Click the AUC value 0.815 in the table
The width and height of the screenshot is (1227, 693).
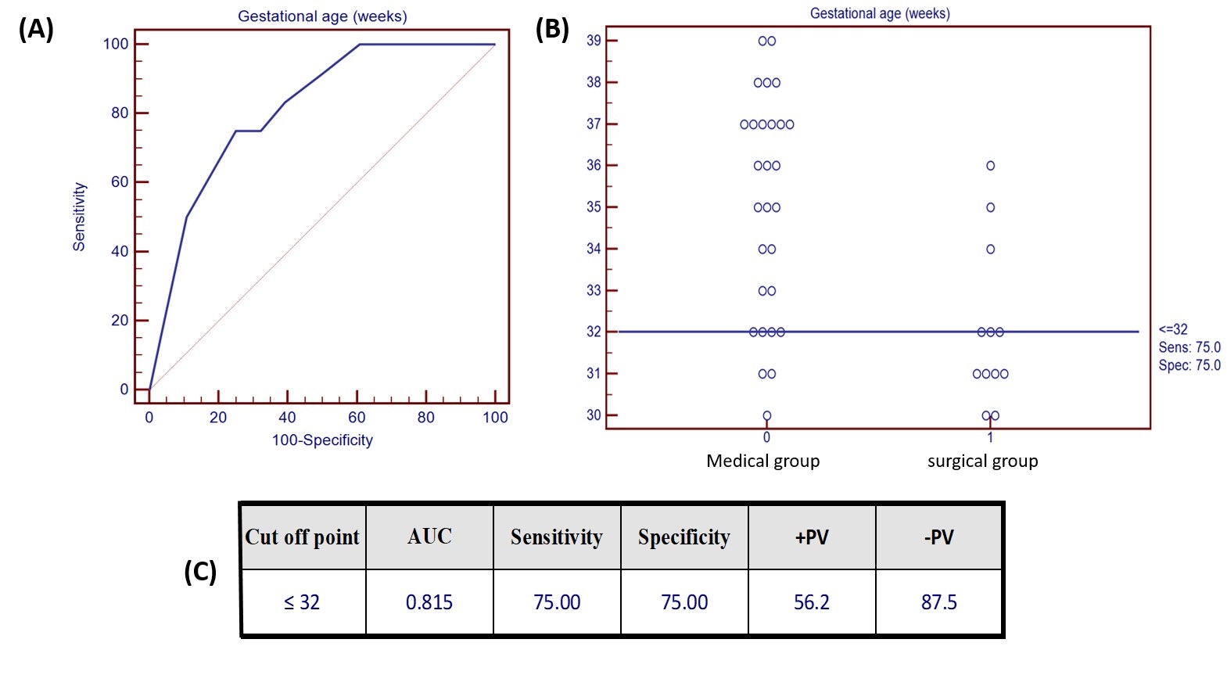pyautogui.click(x=429, y=602)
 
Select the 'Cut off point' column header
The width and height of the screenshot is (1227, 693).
pyautogui.click(x=302, y=537)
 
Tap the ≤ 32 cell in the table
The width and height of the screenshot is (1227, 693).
pyautogui.click(x=302, y=602)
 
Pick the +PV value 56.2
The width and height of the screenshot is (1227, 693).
pyautogui.click(x=811, y=602)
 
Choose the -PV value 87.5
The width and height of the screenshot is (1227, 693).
pyautogui.click(x=938, y=602)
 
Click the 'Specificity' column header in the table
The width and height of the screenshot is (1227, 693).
pyautogui.click(x=683, y=537)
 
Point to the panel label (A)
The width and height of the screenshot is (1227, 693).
pyautogui.click(x=36, y=29)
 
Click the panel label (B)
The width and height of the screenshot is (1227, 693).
pyautogui.click(x=552, y=29)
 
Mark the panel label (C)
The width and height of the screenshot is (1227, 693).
pyautogui.click(x=200, y=572)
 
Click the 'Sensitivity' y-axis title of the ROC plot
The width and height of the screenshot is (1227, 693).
pyautogui.click(x=79, y=217)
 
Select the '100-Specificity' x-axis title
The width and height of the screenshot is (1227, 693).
pyautogui.click(x=322, y=440)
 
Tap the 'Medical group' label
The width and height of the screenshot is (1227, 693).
pyautogui.click(x=762, y=461)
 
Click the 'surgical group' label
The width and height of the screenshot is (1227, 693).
pyautogui.click(x=982, y=461)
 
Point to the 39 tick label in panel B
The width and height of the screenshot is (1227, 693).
pyautogui.click(x=594, y=41)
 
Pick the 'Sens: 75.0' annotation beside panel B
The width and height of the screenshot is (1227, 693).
pyautogui.click(x=1189, y=347)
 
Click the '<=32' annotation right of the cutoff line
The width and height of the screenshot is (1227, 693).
pyautogui.click(x=1173, y=329)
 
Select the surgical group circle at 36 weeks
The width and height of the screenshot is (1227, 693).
pyautogui.click(x=990, y=166)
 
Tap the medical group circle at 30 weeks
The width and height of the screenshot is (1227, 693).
pyautogui.click(x=766, y=415)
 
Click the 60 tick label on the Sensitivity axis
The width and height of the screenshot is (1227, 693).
pyautogui.click(x=120, y=182)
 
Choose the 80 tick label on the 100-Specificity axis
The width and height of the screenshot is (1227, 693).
pyautogui.click(x=425, y=418)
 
